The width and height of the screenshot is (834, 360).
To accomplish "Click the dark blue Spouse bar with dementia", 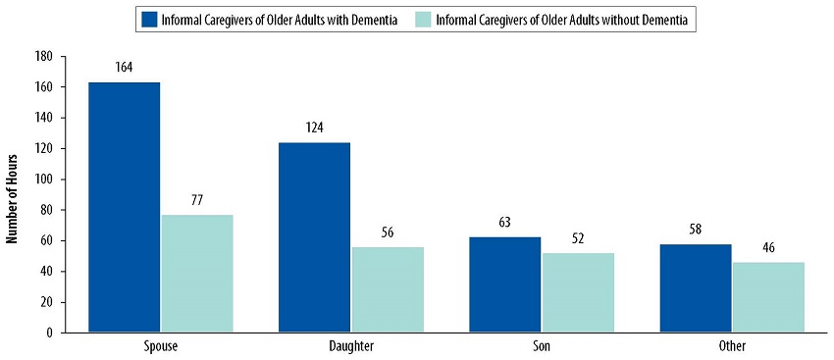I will click(x=124, y=207).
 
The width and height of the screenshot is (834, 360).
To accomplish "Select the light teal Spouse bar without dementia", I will click(x=197, y=273).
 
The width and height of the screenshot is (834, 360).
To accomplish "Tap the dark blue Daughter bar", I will click(x=314, y=237).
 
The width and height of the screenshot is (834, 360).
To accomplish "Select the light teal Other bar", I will click(x=768, y=297).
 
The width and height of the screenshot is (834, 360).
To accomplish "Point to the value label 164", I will click(x=124, y=68).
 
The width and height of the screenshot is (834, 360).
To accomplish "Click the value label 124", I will click(x=314, y=128).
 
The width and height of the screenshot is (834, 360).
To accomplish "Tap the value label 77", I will click(x=197, y=200).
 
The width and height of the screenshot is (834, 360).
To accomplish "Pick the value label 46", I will click(x=768, y=247).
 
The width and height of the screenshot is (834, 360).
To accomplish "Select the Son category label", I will click(x=542, y=347).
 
